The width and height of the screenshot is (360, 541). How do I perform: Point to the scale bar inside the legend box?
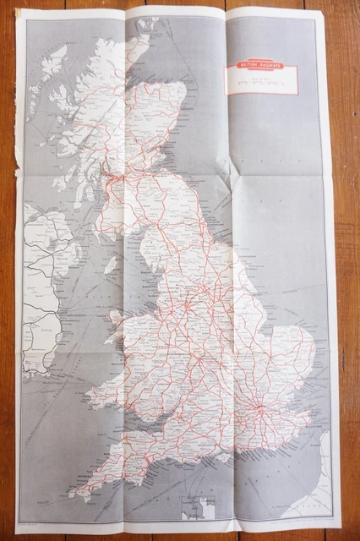coord(261,85)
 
